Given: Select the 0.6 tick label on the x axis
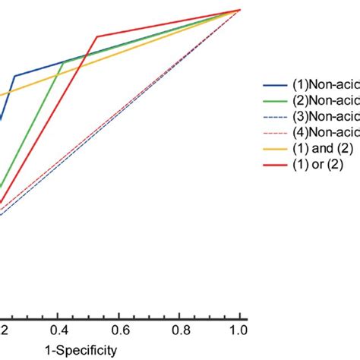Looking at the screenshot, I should tap(119, 331).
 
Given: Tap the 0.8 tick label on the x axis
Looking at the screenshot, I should tap(179, 331).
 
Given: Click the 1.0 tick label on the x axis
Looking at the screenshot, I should tap(239, 331).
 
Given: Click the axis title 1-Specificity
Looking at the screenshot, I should tap(81, 350).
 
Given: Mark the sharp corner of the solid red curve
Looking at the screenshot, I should tap(96, 36).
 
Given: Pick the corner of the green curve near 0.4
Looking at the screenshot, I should tap(63, 62).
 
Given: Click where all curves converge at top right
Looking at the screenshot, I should tap(240, 10).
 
